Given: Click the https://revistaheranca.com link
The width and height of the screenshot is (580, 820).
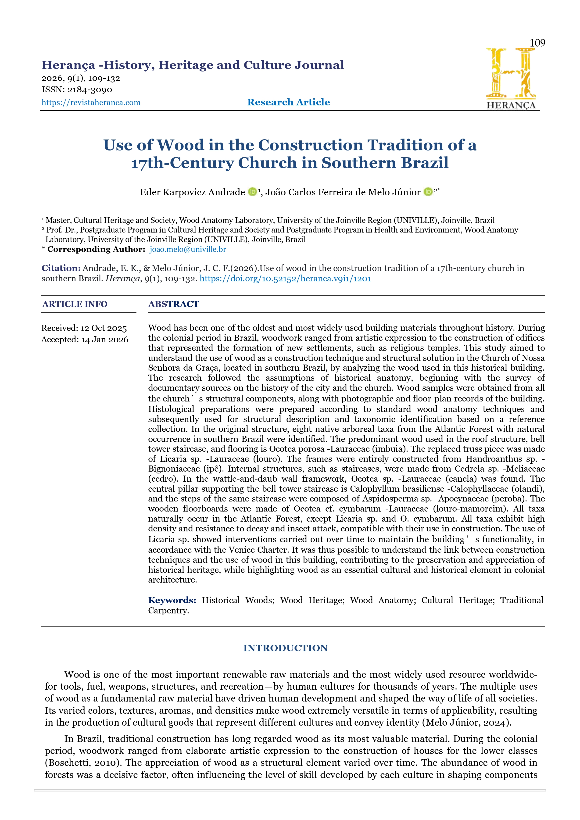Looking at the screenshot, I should click(x=91, y=103).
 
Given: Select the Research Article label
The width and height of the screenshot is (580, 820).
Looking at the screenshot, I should click(x=289, y=102).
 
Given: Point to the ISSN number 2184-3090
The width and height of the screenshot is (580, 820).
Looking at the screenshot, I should click(x=90, y=90).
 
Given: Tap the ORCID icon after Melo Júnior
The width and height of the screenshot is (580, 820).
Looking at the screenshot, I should click(x=428, y=192).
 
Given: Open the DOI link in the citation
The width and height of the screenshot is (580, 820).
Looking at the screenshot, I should click(x=285, y=279).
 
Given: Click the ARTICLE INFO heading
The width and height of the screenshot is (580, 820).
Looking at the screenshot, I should click(x=75, y=304).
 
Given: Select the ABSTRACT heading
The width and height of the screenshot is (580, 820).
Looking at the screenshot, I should click(x=174, y=304).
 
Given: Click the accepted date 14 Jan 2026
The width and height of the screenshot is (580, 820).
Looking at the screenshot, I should click(x=104, y=339).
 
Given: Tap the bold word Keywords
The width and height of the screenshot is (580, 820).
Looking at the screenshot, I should click(x=172, y=600).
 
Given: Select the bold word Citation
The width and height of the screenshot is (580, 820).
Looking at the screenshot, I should click(x=61, y=268).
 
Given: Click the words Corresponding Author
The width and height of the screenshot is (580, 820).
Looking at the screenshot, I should click(x=96, y=249).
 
